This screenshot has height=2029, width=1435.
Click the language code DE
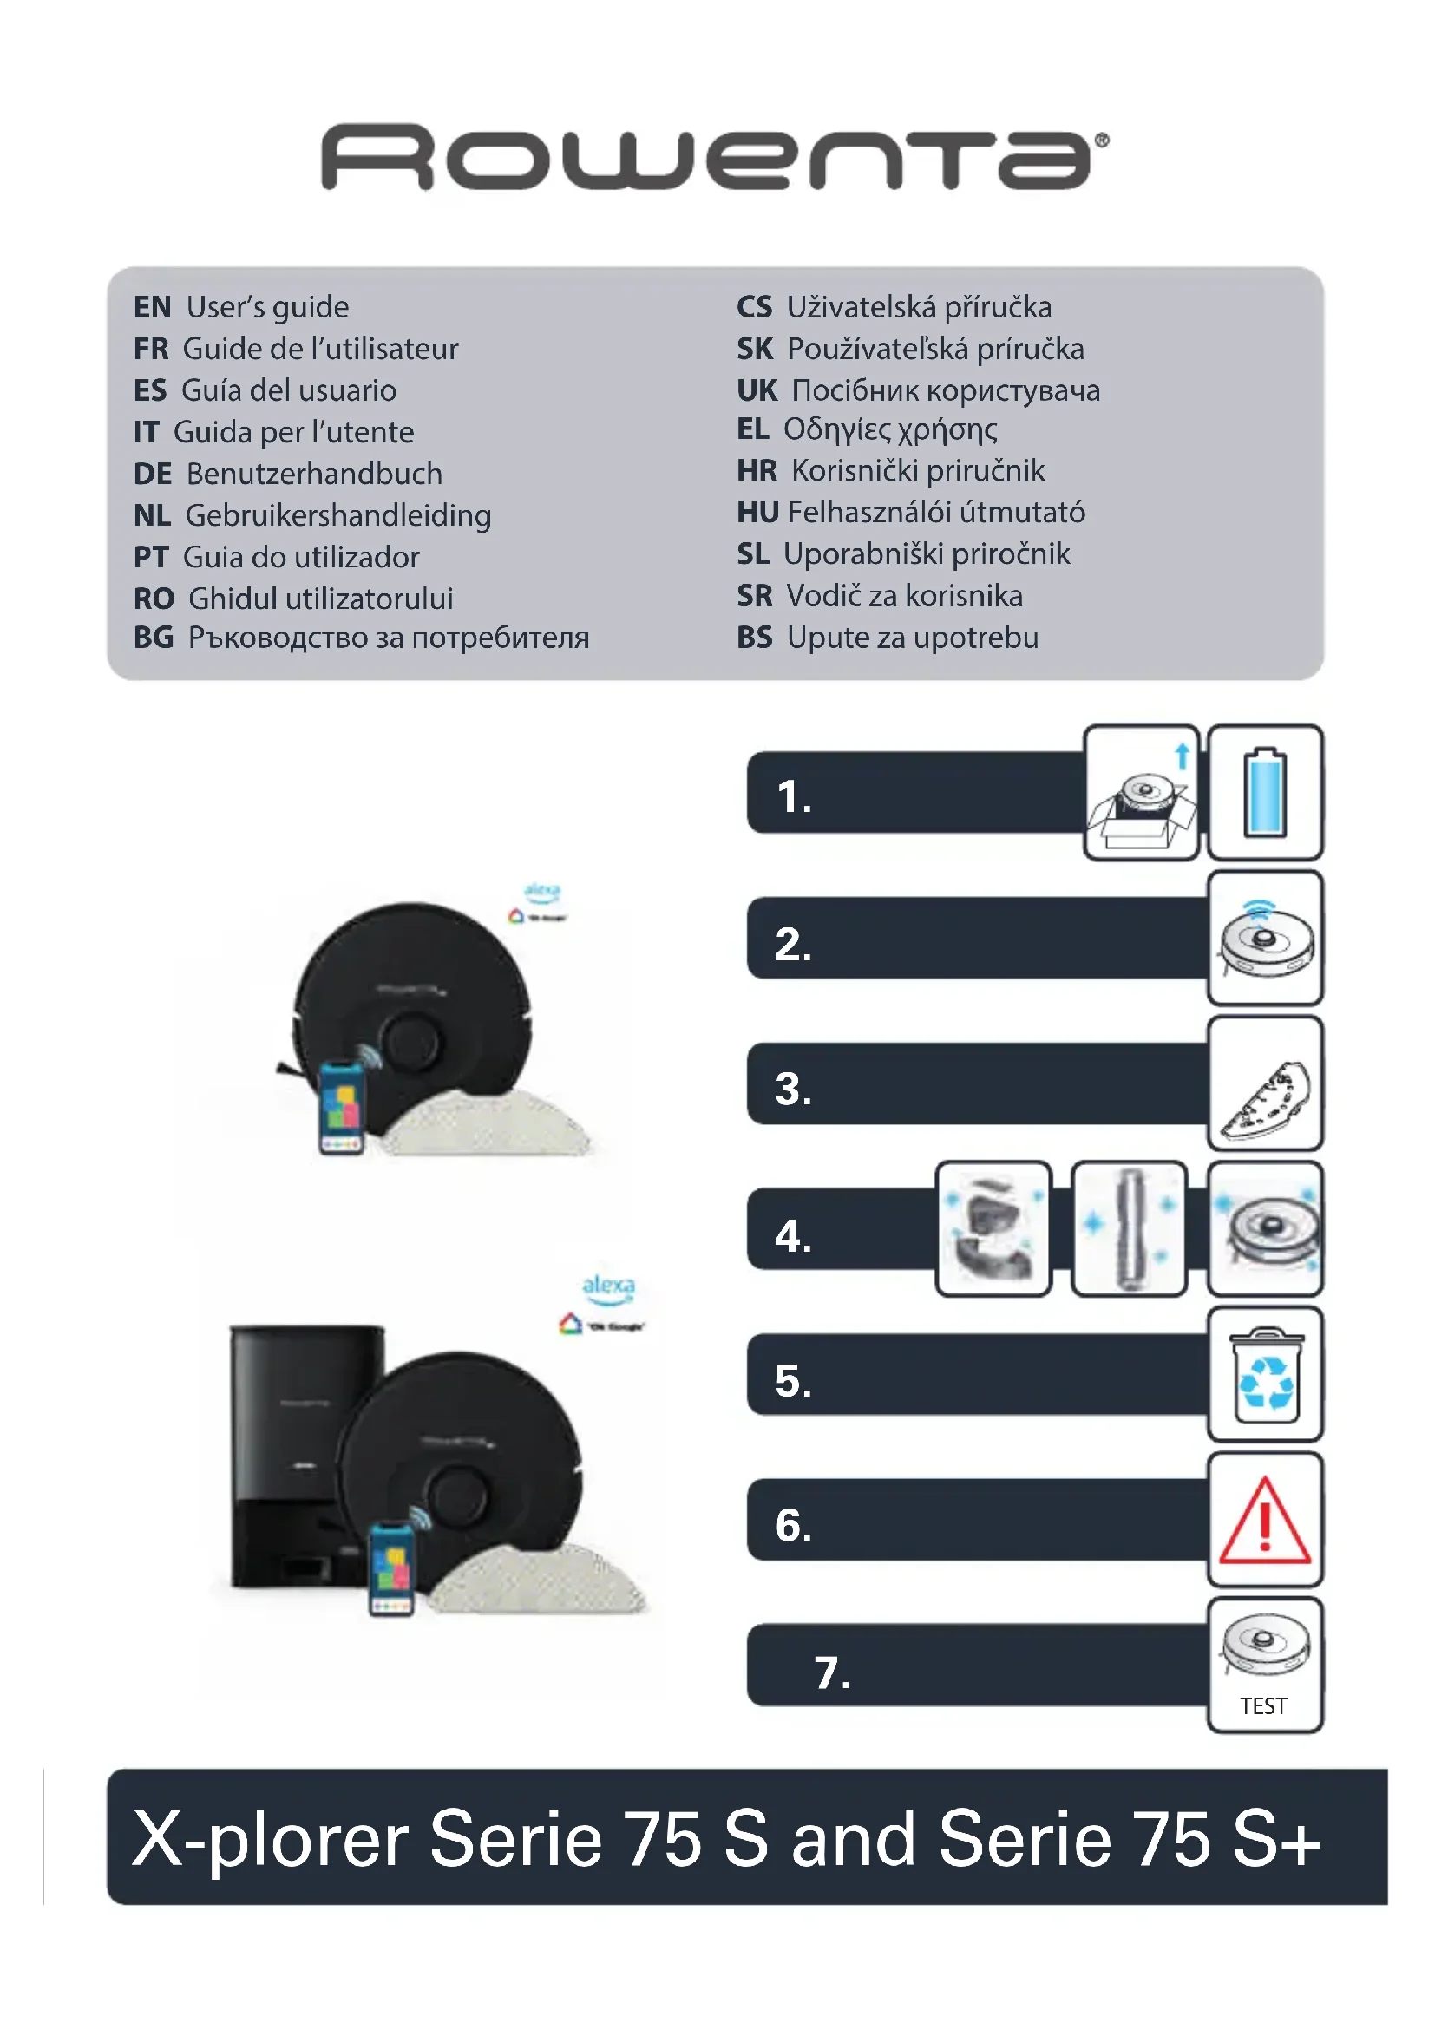pos(152,475)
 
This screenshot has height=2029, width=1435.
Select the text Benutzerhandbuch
pos(314,475)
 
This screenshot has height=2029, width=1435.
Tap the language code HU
pos(757,513)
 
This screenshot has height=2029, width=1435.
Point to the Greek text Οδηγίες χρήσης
pos(890,430)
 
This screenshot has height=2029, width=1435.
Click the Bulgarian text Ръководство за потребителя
pos(388,638)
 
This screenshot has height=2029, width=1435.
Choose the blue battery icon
pos(1264,793)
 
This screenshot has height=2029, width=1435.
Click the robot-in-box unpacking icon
pos(1141,793)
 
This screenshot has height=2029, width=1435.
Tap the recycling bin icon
pos(1264,1374)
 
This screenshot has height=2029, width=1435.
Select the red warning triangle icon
pos(1264,1520)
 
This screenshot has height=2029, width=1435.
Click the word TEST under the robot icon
pos(1262,1706)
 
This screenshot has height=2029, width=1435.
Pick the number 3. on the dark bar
pos(793,1090)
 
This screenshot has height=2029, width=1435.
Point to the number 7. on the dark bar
pos(831,1672)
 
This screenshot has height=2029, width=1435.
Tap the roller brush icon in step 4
pos(1129,1228)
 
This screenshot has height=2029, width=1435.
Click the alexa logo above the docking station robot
pos(608,1286)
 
